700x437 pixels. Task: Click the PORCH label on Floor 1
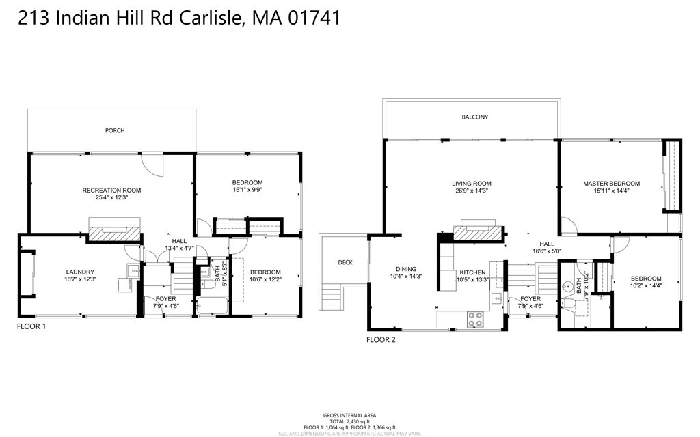click(115, 130)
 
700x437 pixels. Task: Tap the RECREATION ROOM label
click(111, 190)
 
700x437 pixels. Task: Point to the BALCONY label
click(474, 117)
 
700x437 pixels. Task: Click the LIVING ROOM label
click(472, 184)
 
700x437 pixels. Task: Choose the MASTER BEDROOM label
click(611, 184)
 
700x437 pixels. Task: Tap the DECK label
click(345, 262)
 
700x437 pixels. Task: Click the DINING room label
click(405, 269)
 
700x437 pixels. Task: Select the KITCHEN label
click(472, 272)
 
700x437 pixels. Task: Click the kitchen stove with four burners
click(474, 318)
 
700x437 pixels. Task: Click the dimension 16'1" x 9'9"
click(247, 191)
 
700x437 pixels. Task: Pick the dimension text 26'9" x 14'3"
click(472, 192)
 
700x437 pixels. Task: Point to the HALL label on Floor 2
click(547, 244)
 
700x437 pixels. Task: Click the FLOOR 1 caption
click(31, 327)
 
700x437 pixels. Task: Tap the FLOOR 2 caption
click(381, 339)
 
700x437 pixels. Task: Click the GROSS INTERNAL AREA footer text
click(349, 415)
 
